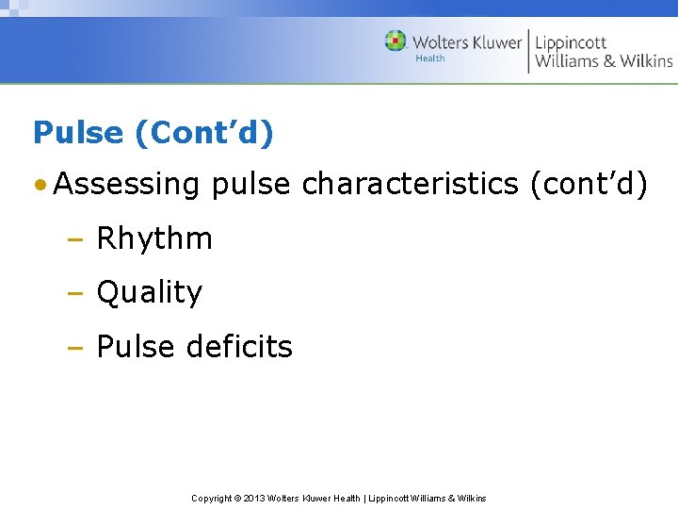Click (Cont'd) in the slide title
(204, 133)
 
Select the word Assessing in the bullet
(127, 185)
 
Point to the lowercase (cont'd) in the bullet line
(589, 185)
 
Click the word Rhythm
(154, 238)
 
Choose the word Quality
(150, 293)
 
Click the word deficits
(239, 347)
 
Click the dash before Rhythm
(74, 239)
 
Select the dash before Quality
(74, 294)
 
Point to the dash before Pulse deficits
(74, 348)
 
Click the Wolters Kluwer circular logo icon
(395, 41)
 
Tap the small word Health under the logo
(430, 58)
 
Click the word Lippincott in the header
(571, 42)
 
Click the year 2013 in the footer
(254, 498)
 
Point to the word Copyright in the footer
(212, 498)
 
